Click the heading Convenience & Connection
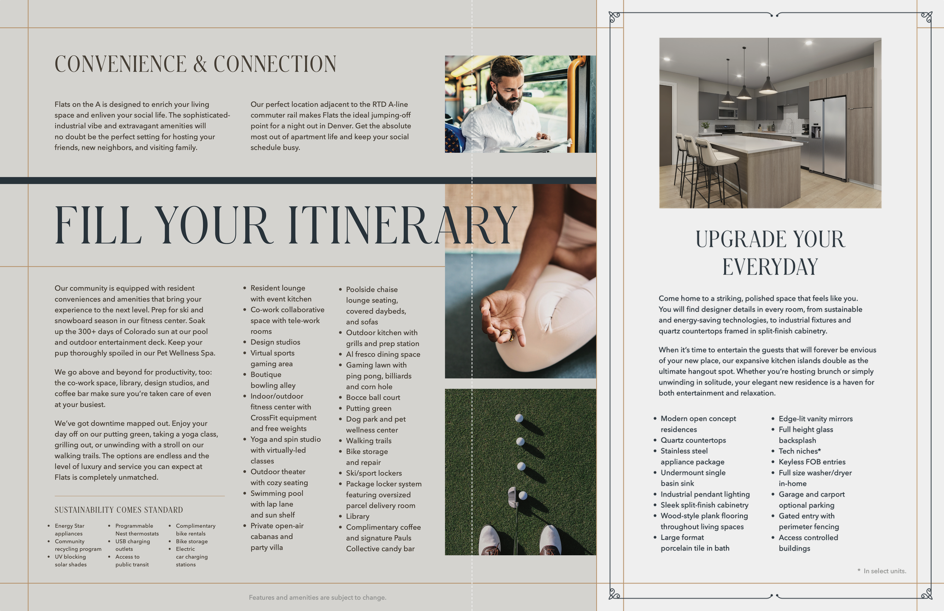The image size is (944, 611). click(x=195, y=64)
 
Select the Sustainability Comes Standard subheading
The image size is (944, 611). click(x=119, y=510)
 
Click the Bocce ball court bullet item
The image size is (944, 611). click(x=373, y=397)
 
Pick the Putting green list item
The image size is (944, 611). click(x=369, y=409)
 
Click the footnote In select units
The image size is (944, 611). click(x=882, y=571)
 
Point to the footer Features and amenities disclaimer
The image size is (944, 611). click(x=318, y=598)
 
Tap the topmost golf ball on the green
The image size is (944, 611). click(x=519, y=418)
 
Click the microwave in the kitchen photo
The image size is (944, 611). click(x=728, y=113)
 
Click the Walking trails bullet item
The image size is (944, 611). click(x=369, y=441)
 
